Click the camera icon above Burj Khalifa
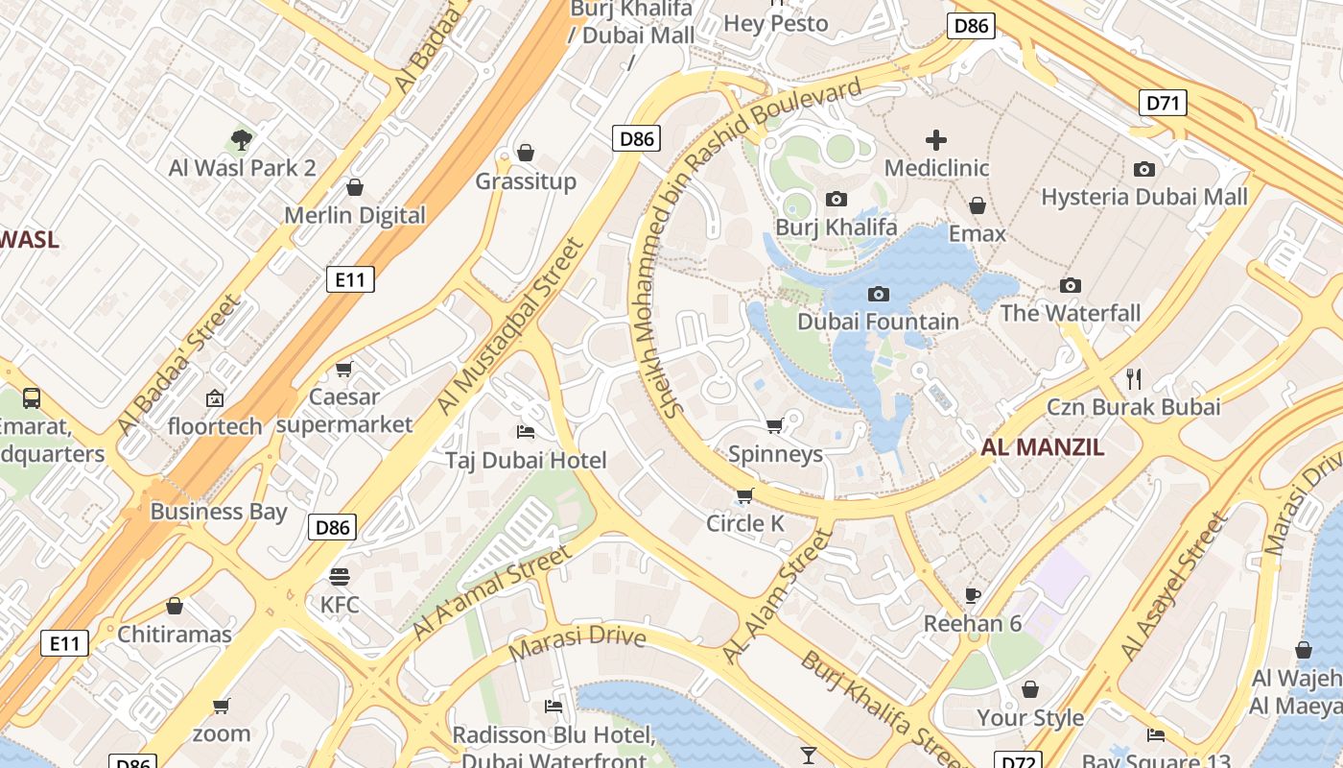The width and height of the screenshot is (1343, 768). (x=836, y=200)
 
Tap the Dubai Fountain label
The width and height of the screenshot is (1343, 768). (x=878, y=322)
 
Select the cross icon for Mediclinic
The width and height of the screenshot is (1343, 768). (x=936, y=140)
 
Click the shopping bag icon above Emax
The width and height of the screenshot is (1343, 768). (x=977, y=205)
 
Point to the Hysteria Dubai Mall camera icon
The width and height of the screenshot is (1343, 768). (x=1143, y=170)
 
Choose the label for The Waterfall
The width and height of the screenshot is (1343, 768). (x=1071, y=313)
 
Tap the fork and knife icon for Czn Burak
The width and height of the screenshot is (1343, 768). (x=1134, y=378)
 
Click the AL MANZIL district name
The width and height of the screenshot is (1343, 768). (x=1042, y=446)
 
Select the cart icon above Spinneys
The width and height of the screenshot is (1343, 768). (x=775, y=425)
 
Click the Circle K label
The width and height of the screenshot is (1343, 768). (x=745, y=523)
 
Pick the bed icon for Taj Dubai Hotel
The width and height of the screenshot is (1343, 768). (x=525, y=432)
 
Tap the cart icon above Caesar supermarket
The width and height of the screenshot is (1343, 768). (x=344, y=369)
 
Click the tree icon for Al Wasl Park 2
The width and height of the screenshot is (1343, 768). (x=242, y=140)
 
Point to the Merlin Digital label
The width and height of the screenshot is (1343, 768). (x=354, y=215)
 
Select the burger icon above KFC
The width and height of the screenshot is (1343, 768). (x=339, y=576)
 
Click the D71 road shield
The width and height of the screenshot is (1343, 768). (x=1163, y=103)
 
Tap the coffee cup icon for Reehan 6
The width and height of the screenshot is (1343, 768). (x=973, y=595)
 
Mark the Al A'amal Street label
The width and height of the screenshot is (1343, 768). (x=492, y=592)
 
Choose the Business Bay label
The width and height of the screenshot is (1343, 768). (x=219, y=511)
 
